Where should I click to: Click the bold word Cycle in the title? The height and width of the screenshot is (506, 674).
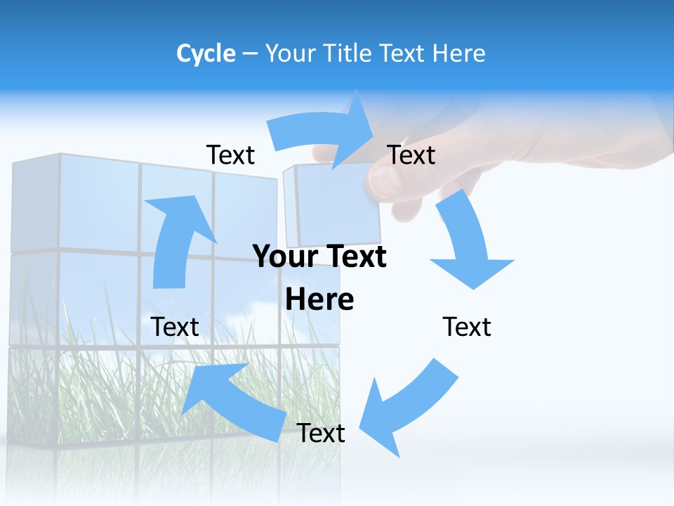tap(206, 53)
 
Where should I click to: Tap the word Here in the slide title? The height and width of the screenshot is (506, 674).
tap(458, 53)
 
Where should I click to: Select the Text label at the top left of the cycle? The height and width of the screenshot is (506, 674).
tap(230, 155)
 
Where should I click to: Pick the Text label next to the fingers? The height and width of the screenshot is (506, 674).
tap(411, 155)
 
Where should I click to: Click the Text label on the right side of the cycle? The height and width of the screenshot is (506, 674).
tap(467, 327)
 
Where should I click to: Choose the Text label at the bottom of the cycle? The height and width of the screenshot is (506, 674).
tap(321, 433)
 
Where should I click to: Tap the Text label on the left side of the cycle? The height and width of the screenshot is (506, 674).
tap(176, 327)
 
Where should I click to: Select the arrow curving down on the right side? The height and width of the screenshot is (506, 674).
tap(467, 242)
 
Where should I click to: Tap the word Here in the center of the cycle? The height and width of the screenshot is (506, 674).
tap(319, 299)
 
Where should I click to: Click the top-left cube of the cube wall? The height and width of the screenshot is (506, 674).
tap(35, 204)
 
